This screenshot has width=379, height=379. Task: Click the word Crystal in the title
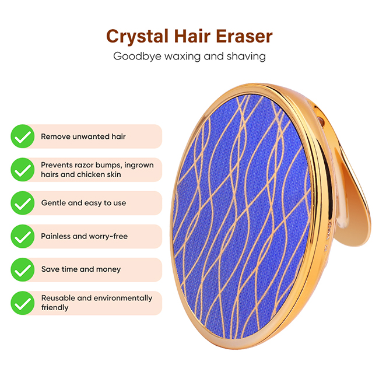click(137, 37)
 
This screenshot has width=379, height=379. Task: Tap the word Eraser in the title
click(244, 36)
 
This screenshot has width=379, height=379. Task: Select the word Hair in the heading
click(192, 36)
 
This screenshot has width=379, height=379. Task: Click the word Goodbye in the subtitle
click(137, 57)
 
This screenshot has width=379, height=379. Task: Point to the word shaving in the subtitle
click(246, 57)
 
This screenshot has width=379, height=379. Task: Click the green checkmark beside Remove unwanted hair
click(23, 136)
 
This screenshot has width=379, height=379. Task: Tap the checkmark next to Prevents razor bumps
click(23, 170)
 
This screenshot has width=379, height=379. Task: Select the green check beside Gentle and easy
click(23, 203)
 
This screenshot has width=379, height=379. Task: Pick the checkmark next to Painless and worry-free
click(23, 236)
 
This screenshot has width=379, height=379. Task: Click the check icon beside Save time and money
click(23, 270)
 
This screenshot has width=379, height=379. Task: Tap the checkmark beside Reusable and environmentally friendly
click(23, 303)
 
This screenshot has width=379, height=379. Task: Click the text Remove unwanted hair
click(83, 136)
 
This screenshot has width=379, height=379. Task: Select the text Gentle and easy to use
click(83, 203)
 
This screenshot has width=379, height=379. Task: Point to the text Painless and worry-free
click(85, 236)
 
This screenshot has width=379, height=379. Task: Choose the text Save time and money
click(81, 269)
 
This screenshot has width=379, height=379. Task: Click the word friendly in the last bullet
click(55, 308)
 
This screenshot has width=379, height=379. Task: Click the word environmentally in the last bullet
click(123, 299)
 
